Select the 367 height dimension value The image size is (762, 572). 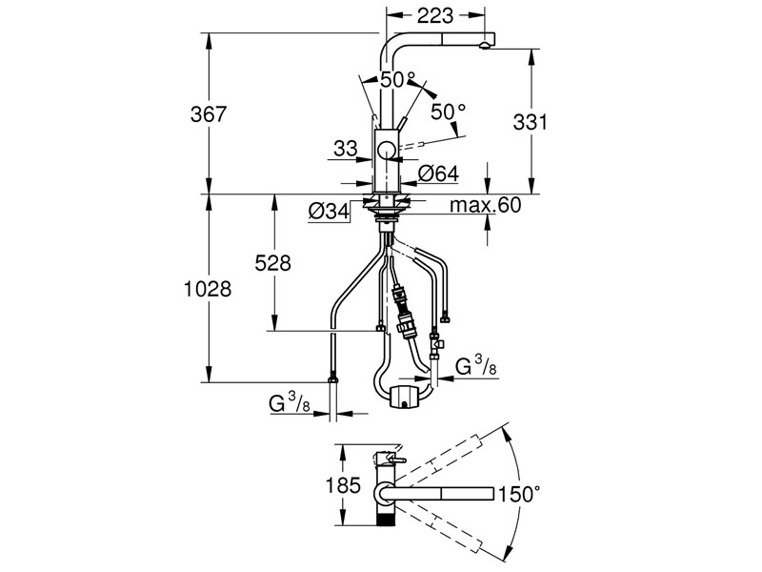[207, 113]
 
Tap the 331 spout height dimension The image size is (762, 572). [531, 122]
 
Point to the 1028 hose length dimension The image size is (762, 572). [207, 289]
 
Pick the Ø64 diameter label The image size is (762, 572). [438, 173]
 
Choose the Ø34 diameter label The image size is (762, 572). [327, 212]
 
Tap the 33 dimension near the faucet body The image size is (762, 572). [345, 148]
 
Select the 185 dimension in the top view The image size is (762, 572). [342, 484]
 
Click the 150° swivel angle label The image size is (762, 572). [520, 494]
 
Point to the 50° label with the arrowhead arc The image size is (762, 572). [448, 112]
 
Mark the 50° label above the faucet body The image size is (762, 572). [398, 80]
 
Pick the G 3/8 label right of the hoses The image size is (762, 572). [473, 366]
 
